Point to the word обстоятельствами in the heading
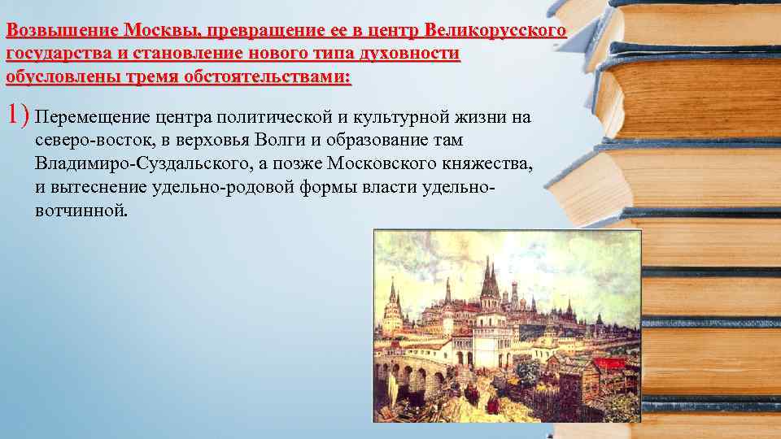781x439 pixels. (x=273, y=78)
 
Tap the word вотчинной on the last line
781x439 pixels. (x=81, y=211)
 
